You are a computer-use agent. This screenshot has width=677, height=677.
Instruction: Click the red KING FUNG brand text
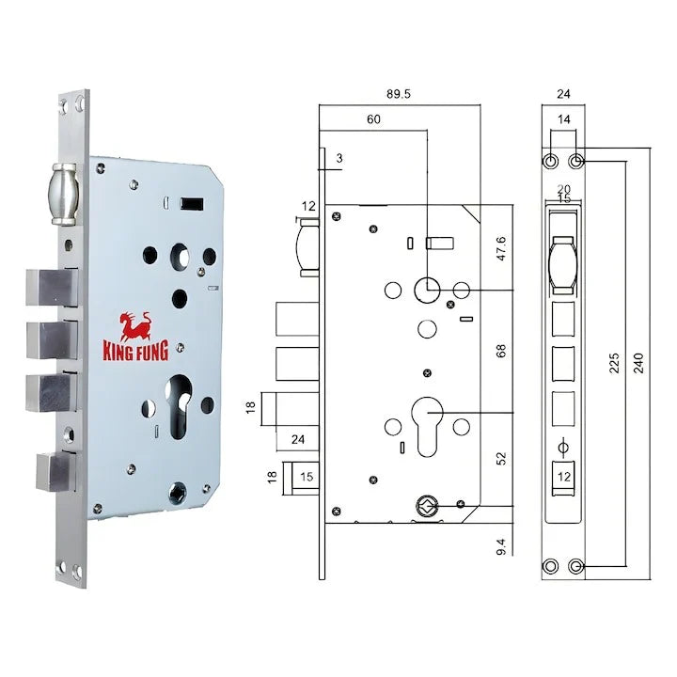coord(135,351)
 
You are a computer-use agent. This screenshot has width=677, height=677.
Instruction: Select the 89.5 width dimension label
coord(399,94)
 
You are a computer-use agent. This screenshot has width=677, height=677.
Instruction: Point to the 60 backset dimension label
coord(373,119)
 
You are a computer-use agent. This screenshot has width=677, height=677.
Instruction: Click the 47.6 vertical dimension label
coord(501,248)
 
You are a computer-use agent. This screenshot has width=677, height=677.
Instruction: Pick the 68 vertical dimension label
coord(501,351)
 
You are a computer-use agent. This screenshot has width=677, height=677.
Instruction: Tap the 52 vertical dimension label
coord(501,459)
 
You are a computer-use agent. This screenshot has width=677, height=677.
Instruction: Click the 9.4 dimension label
coord(501,546)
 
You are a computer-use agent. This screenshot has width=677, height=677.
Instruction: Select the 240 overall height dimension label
coord(639,363)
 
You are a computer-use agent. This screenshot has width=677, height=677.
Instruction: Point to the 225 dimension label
coord(614,363)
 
